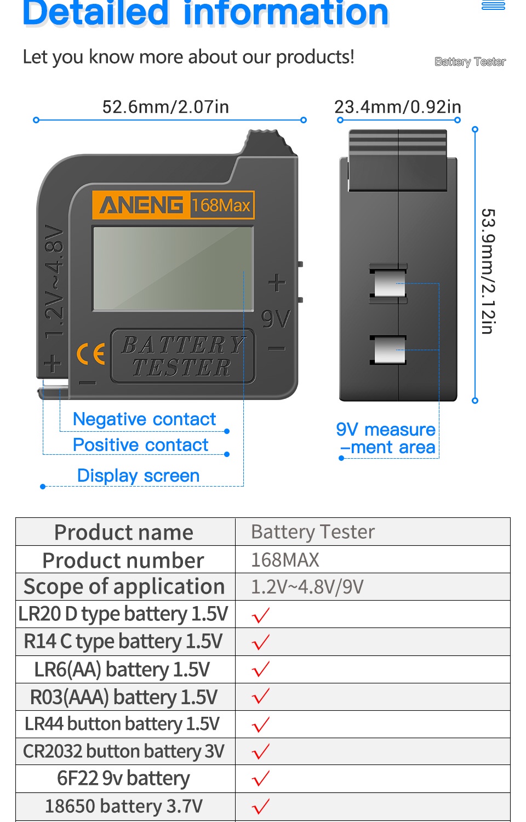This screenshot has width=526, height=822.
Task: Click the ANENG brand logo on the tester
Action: click(141, 206)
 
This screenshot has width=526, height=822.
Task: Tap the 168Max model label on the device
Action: click(221, 206)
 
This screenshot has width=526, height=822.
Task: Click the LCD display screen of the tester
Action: click(173, 268)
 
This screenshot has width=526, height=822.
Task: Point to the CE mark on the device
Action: click(90, 353)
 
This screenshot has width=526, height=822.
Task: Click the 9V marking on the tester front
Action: click(276, 318)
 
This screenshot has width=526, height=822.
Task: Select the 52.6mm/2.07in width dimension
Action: click(165, 107)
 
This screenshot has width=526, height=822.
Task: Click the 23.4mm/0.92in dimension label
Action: click(398, 107)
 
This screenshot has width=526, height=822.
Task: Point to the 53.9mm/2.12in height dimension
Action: click(488, 271)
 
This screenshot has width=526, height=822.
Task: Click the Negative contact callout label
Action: click(144, 419)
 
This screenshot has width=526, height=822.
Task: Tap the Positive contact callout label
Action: click(140, 445)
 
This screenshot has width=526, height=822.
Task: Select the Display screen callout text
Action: click(138, 476)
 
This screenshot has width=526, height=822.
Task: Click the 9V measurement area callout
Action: click(386, 438)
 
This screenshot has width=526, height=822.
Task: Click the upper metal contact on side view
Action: click(389, 283)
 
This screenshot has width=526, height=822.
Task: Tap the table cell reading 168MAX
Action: click(285, 560)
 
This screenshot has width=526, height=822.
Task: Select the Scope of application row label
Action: click(124, 587)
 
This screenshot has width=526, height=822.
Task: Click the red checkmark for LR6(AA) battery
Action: click(261, 669)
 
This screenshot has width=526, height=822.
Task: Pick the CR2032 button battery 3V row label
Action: click(124, 751)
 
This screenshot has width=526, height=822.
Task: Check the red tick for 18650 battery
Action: click(261, 806)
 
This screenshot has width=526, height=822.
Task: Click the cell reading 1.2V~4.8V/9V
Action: click(307, 587)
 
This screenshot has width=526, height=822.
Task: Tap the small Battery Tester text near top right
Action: click(470, 61)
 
